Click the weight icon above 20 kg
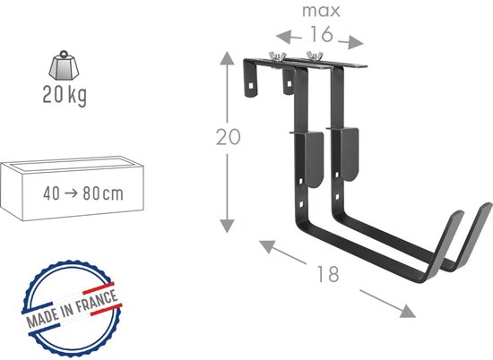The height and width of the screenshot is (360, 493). click(x=64, y=65)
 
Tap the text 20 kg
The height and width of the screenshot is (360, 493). click(x=65, y=95)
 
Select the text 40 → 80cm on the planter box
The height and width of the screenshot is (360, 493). click(x=83, y=193)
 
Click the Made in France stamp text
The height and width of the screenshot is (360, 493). click(x=72, y=308)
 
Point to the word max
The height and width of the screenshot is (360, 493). click(x=321, y=11)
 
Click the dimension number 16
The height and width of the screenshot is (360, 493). click(x=321, y=34)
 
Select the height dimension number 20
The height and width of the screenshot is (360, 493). click(x=229, y=137)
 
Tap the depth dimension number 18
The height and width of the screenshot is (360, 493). click(x=328, y=274)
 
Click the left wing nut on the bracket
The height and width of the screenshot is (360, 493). click(x=277, y=56)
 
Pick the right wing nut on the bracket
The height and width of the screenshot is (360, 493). click(x=315, y=56)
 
